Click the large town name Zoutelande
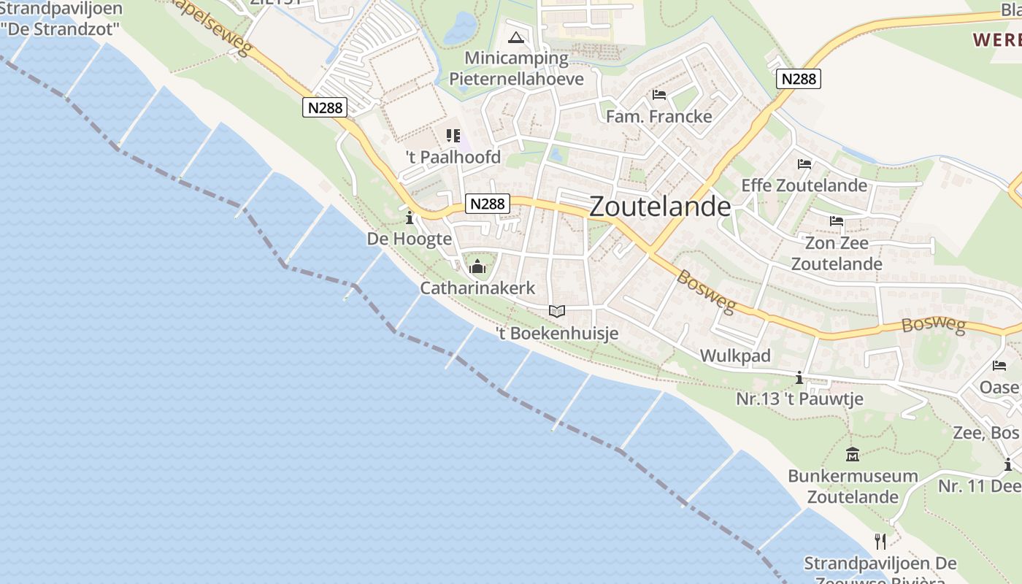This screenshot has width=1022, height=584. click(x=659, y=207)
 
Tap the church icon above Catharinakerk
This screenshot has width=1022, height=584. click(x=478, y=266)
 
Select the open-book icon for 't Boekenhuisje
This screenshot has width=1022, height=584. click(x=557, y=312)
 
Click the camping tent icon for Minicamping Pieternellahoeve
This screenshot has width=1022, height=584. click(x=516, y=37)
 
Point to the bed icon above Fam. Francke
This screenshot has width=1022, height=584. click(x=659, y=95)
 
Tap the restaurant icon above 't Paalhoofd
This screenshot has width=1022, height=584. click(x=453, y=136)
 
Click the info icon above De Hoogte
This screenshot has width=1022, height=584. click(x=409, y=218)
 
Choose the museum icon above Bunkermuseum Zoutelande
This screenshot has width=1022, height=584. click(x=852, y=455)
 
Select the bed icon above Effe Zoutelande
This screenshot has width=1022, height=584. click(x=804, y=164)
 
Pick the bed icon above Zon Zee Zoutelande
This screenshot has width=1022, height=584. click(x=837, y=221)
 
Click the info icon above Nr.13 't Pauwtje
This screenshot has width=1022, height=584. click(x=799, y=377)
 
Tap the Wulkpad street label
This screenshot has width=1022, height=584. click(x=735, y=356)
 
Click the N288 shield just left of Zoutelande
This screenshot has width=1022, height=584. click(x=487, y=204)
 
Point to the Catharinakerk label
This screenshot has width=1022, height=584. click(x=477, y=288)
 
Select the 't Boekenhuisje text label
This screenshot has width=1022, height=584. click(x=557, y=334)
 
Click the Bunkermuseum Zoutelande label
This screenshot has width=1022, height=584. click(x=853, y=487)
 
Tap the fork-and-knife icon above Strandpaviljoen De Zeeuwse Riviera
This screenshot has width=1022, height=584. click(x=880, y=541)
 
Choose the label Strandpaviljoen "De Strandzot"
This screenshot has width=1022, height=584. click(x=61, y=20)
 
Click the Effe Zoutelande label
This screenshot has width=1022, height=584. click(x=804, y=185)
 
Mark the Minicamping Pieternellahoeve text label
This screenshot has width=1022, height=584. click(x=516, y=69)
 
